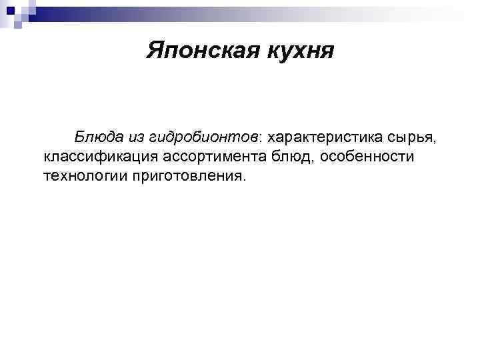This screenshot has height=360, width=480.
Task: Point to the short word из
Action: pyautogui.click(x=137, y=137)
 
